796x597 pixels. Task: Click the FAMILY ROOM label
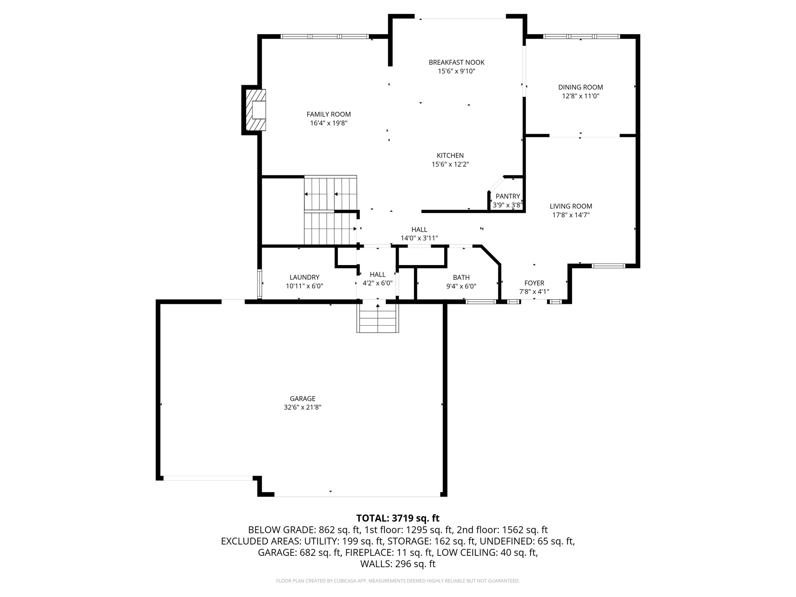[328, 114]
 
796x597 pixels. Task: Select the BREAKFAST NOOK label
[456, 62]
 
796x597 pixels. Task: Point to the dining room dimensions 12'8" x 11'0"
[580, 96]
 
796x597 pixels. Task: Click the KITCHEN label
[450, 155]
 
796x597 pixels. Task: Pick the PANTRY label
[508, 196]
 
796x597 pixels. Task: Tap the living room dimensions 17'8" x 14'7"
[571, 215]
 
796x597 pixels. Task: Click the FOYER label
[534, 283]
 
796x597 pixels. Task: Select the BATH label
[461, 278]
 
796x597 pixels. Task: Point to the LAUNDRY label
[304, 277]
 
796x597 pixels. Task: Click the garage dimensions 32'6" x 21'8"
[302, 407]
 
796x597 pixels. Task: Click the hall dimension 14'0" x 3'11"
[419, 238]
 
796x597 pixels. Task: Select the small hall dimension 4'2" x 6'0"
[377, 283]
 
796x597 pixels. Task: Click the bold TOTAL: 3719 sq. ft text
[398, 518]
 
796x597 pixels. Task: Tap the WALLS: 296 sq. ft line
[398, 564]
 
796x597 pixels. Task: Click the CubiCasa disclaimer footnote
[398, 581]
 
